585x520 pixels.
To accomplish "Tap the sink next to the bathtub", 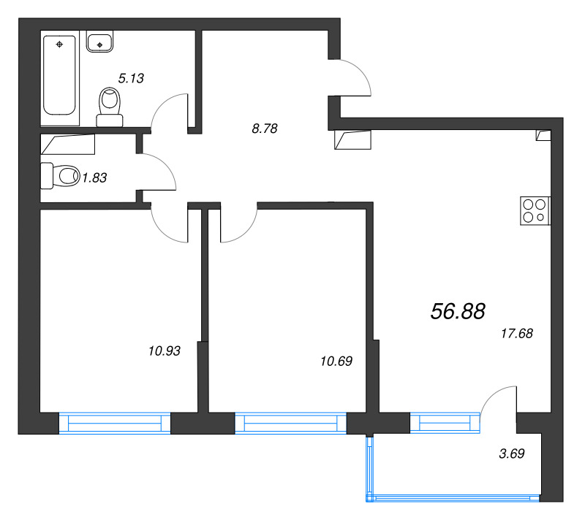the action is (99, 42).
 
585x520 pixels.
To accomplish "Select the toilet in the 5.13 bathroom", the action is (110, 107).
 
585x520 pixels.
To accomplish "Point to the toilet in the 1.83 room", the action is (60, 175).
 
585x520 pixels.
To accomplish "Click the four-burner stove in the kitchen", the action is (535, 211).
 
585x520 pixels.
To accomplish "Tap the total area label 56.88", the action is (458, 311).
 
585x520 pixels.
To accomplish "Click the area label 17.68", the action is (517, 333).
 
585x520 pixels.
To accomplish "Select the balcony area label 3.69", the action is (511, 454).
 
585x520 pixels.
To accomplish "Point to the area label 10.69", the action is (336, 362).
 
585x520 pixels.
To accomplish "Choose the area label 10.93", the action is (164, 351).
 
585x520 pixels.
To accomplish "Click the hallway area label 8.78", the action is (265, 129).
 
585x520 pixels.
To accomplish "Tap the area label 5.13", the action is (131, 78).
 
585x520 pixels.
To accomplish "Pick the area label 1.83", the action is (94, 178).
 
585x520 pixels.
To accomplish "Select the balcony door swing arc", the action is (491, 395).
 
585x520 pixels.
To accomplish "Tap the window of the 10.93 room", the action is (115, 423).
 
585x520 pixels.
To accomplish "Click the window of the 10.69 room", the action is (290, 423).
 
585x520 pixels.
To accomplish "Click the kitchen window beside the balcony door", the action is (445, 423).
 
